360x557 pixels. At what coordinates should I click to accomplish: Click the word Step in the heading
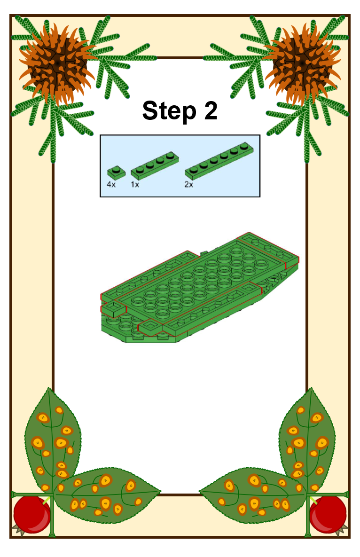click(x=169, y=111)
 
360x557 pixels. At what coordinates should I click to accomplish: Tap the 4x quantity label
click(x=111, y=184)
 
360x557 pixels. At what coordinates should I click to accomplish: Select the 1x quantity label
click(x=135, y=184)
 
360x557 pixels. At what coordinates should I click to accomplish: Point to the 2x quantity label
click(x=188, y=184)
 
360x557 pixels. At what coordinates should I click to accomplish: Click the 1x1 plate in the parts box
click(x=116, y=173)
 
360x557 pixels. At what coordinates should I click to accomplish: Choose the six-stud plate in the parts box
click(x=219, y=161)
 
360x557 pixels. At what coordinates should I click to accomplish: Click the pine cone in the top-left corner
click(x=57, y=64)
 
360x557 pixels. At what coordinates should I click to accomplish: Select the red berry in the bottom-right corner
click(x=328, y=514)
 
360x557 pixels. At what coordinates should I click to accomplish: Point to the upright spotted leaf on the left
click(x=53, y=440)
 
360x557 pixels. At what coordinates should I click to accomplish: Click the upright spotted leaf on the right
click(x=307, y=440)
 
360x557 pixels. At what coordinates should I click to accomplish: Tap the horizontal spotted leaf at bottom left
click(x=107, y=495)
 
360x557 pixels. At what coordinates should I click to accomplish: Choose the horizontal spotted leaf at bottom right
click(x=253, y=495)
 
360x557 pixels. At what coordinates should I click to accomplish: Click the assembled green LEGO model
click(x=200, y=288)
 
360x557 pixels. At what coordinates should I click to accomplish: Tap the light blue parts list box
click(x=180, y=166)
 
